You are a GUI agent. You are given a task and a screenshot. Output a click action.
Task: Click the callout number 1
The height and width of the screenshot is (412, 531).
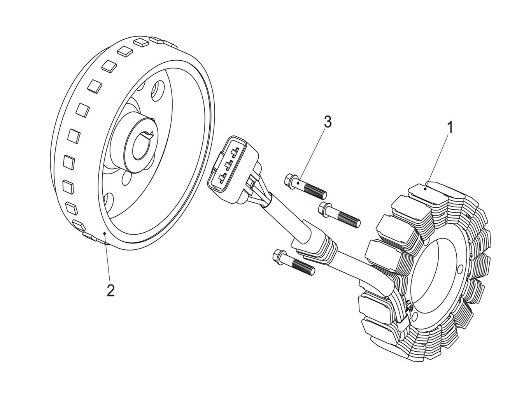(x=450, y=128)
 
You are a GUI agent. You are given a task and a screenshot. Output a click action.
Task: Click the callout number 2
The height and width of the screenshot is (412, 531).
(x=110, y=291)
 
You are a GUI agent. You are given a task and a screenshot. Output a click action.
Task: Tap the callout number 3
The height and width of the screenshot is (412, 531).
(x=328, y=122)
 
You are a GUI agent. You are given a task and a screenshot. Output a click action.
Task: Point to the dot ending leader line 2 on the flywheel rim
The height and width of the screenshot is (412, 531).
(x=104, y=233)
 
